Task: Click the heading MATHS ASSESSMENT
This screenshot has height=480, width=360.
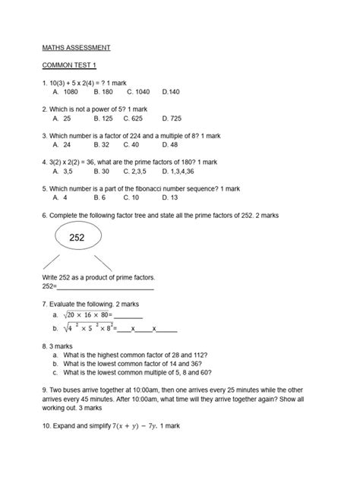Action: (x=78, y=47)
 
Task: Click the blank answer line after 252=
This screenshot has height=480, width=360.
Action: (x=106, y=288)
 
